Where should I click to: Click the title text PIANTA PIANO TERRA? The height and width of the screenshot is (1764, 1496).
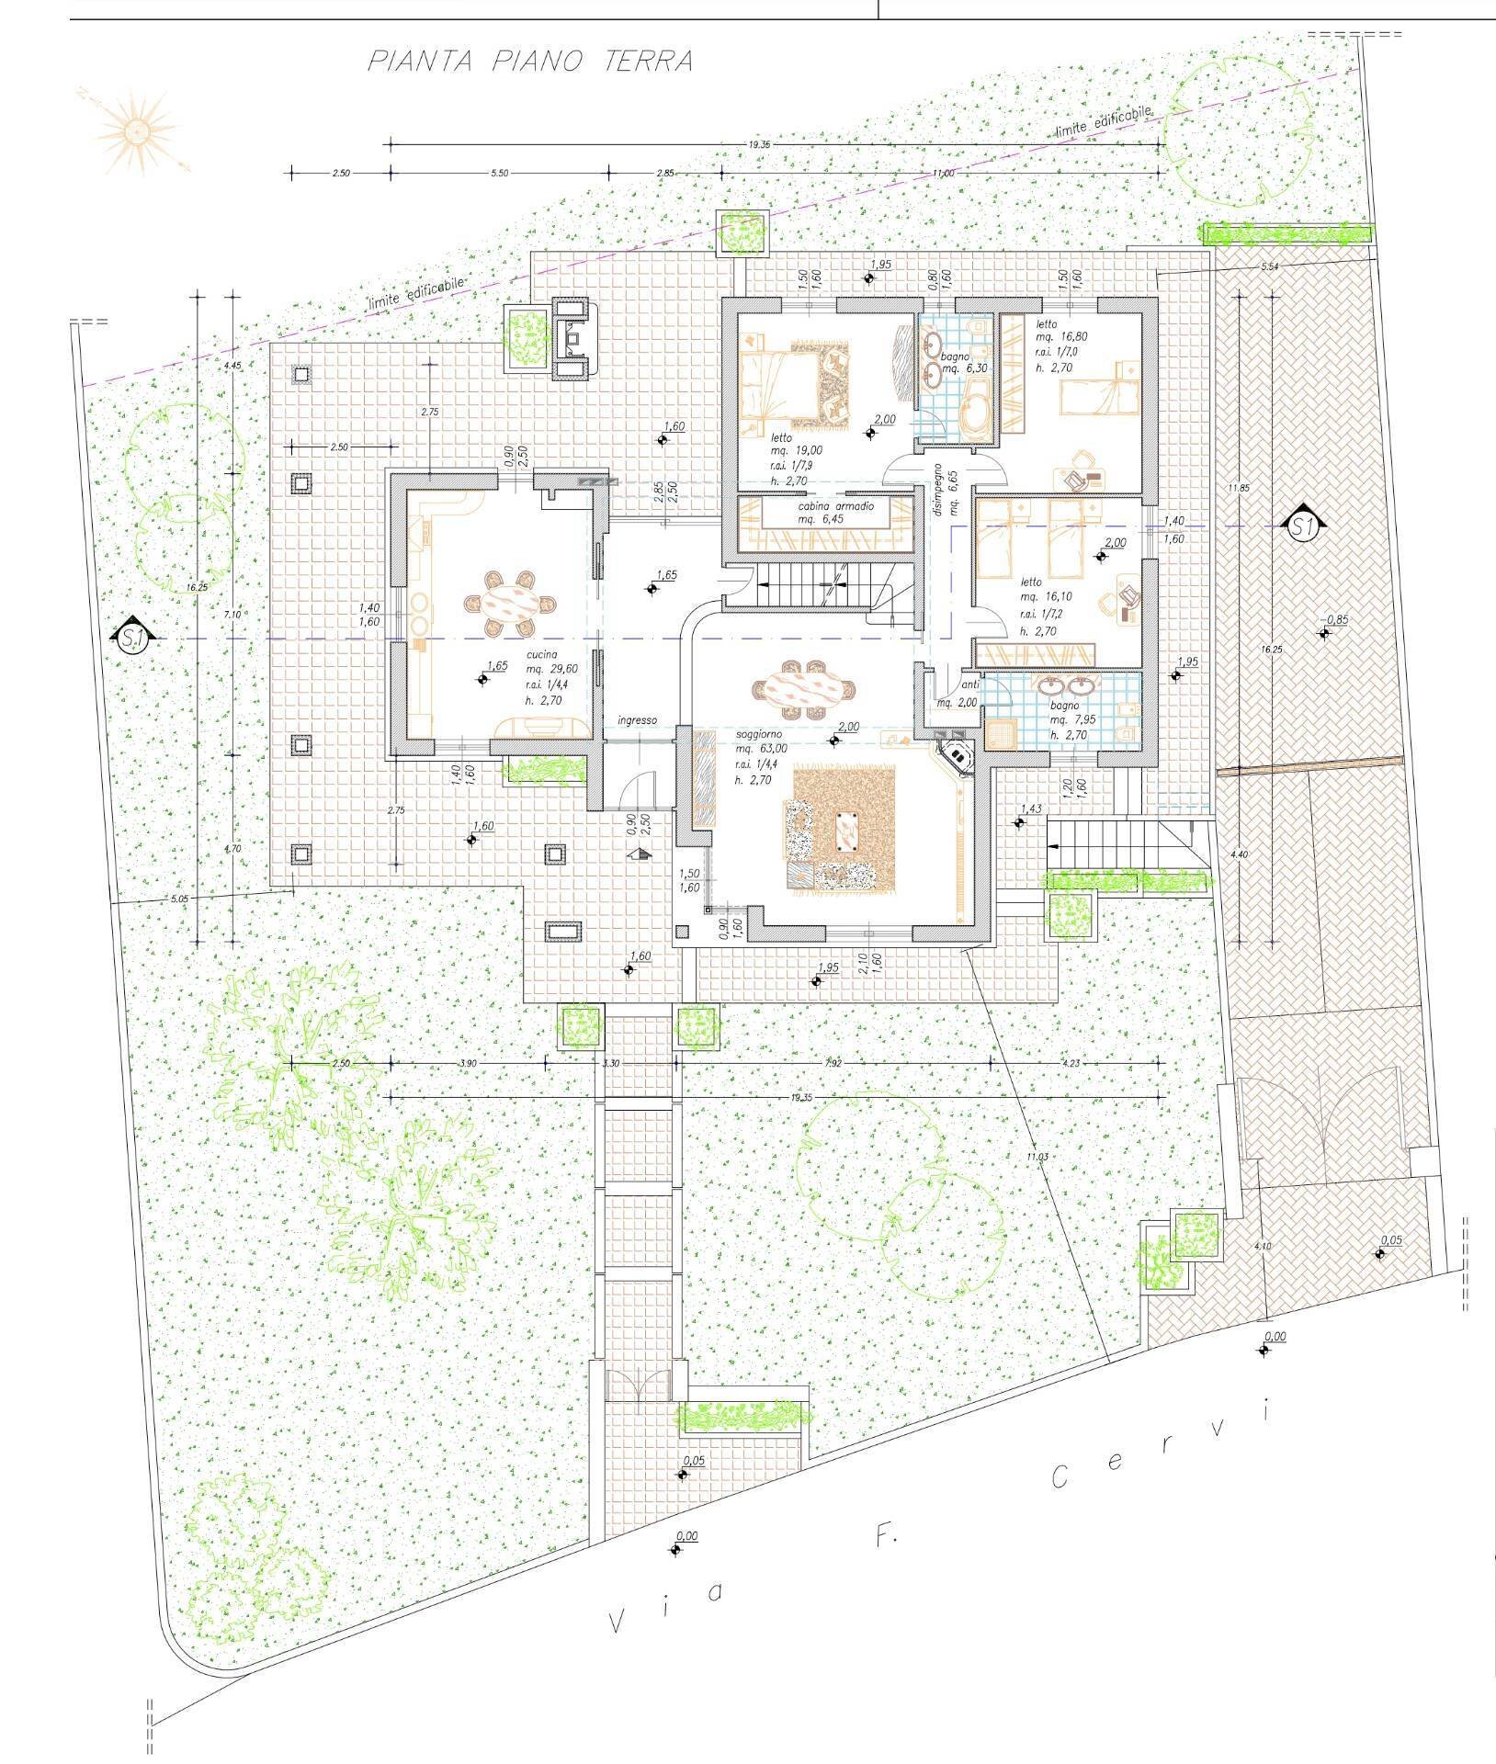point(529,62)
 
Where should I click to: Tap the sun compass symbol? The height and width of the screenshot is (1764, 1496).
point(138,132)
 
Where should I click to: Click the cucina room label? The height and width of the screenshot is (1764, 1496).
point(542,654)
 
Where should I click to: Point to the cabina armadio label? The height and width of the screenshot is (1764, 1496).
point(836,506)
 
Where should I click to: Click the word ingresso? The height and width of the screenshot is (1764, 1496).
point(637,720)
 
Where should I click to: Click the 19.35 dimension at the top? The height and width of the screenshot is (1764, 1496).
point(758,145)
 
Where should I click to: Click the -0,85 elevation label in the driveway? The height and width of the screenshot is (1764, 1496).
point(1335,620)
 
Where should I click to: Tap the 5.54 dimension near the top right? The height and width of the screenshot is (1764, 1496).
point(1272,266)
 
